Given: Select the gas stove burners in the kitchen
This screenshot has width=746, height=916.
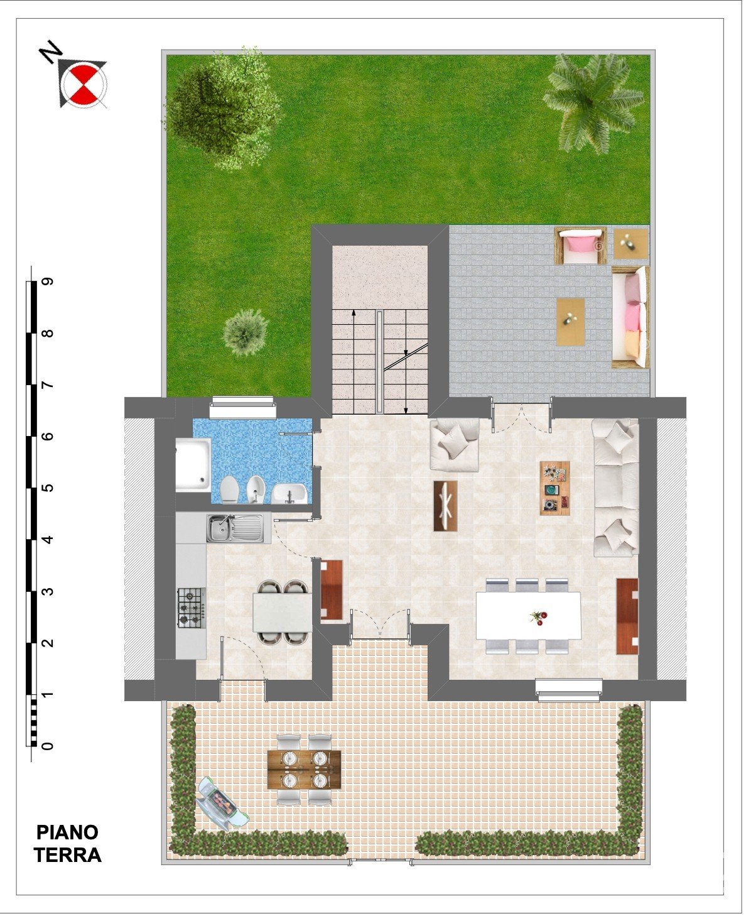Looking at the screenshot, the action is click(192, 608).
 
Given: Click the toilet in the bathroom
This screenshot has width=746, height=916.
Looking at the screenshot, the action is click(230, 490).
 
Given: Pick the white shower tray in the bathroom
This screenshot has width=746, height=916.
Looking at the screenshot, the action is click(193, 465).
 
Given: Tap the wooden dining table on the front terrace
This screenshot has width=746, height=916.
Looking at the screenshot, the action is click(305, 770).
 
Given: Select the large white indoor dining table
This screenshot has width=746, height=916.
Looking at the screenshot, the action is click(528, 616).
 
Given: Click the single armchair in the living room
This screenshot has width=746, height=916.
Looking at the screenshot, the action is click(455, 444).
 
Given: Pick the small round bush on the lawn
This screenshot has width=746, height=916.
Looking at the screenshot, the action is click(246, 333).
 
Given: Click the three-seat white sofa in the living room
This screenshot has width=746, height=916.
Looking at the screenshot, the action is click(616, 488).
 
